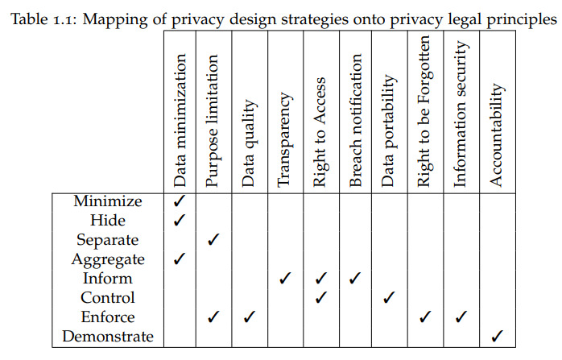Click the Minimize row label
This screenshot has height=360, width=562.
(x=108, y=201)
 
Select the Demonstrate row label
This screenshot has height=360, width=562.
(x=108, y=337)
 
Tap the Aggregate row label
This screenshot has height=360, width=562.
(x=108, y=259)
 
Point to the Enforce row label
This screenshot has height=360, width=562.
(x=108, y=317)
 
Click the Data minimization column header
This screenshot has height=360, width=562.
(x=180, y=121)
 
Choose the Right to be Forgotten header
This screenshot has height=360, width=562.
(x=424, y=111)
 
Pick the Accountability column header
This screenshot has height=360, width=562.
(x=497, y=134)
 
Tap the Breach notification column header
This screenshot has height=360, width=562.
(x=356, y=120)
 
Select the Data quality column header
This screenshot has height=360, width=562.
(x=249, y=143)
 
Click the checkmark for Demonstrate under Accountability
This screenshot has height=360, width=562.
(x=497, y=336)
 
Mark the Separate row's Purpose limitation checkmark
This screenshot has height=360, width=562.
(x=213, y=239)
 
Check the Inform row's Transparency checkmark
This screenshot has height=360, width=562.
(x=285, y=278)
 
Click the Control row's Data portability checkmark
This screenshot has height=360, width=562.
(x=389, y=297)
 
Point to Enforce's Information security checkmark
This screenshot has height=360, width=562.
(x=461, y=317)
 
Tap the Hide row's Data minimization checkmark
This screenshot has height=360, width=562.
(x=180, y=220)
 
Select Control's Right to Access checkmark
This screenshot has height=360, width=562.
(x=320, y=297)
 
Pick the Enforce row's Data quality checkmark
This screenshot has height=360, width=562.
(x=250, y=317)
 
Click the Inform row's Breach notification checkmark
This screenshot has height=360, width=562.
(x=355, y=278)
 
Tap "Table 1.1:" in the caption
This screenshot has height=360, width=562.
(x=43, y=19)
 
